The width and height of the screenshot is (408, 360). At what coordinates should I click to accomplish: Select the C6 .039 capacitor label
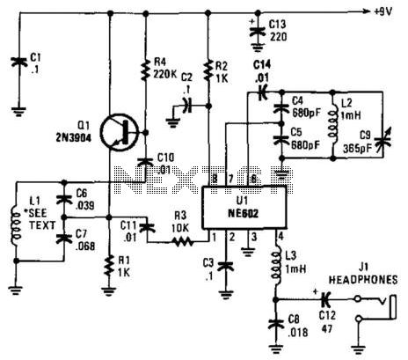point(85,202)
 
